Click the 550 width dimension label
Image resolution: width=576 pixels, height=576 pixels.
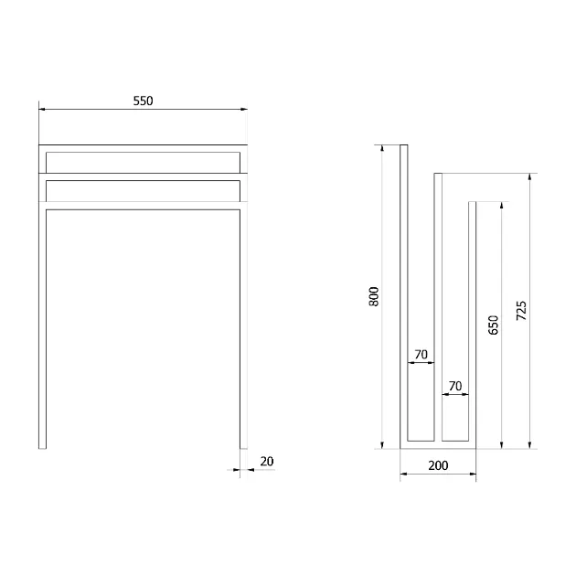(x=143, y=101)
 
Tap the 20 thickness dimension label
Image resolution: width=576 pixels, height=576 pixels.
(x=267, y=462)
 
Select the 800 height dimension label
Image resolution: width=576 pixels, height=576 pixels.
(x=374, y=296)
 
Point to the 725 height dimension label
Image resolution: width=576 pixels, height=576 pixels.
(x=521, y=311)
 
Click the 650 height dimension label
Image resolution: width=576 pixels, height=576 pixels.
(x=494, y=325)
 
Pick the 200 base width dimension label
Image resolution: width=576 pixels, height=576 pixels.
(x=438, y=465)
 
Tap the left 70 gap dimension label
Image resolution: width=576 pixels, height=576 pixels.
(x=421, y=355)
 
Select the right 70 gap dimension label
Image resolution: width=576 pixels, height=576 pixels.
(x=455, y=386)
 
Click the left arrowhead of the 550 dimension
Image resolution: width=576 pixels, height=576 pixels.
(x=42, y=109)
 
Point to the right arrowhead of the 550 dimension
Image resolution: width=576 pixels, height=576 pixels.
(x=244, y=109)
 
